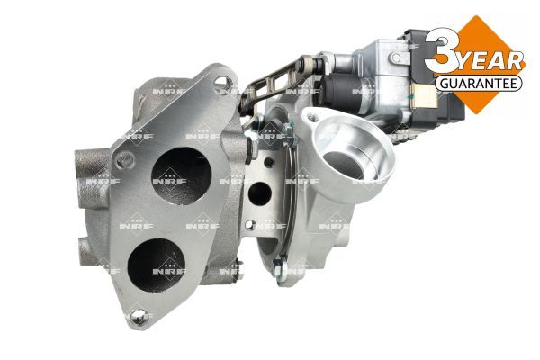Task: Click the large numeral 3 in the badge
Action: [441, 50]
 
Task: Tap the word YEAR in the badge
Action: [491, 62]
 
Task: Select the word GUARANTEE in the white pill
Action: [479, 84]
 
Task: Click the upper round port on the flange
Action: [181, 176]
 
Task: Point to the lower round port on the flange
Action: [156, 265]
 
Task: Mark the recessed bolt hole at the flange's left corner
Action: [125, 160]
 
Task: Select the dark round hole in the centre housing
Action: [260, 193]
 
